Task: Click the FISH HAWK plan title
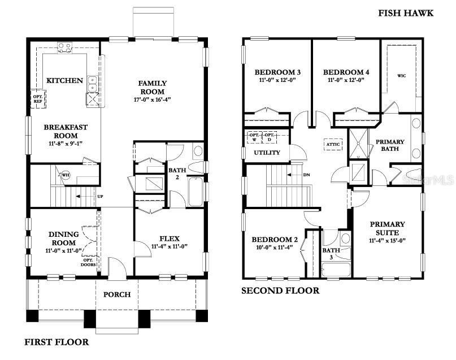pos(406,13)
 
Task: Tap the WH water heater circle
pos(66,175)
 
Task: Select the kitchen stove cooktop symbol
pos(64,48)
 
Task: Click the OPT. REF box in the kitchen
pos(38,99)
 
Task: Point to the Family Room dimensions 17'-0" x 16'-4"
pos(152,99)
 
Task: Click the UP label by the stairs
pos(100,197)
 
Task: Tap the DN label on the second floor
pos(306,175)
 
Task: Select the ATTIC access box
pos(333,144)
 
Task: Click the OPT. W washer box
pos(254,137)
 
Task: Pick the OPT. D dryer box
pos(270,137)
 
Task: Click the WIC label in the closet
pos(402,76)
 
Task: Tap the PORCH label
pos(117,294)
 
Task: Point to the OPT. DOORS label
pos(88,262)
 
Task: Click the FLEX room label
pos(170,238)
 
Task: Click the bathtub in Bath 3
pos(336,270)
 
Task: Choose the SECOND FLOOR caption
pos(280,290)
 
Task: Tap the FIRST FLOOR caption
pos(57,342)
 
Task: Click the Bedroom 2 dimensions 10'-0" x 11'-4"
pos(274,247)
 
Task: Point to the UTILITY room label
pos(267,153)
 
